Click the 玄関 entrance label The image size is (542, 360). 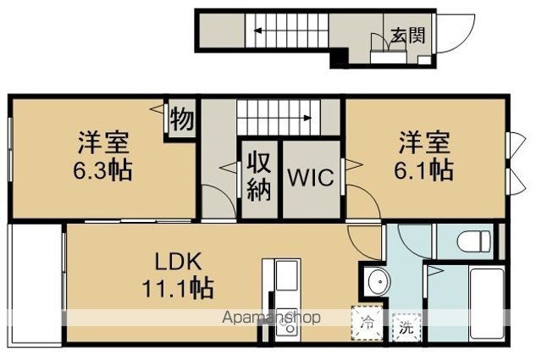pos(408,36)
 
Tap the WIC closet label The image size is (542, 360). pos(311,177)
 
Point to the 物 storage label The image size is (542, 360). pos(182,119)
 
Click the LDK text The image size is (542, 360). pos(178,262)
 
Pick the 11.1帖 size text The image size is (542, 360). pos(178,288)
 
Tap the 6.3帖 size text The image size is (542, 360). pos(102,169)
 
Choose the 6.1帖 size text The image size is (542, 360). pos(424,169)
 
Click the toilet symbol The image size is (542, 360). pos(474,241)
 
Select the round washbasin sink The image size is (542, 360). pos(379,281)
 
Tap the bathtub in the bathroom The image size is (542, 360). pos(487,303)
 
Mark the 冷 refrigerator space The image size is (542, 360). pos(367,323)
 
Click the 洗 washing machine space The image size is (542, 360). pos(406,327)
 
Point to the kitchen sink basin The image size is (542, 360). pos(286,275)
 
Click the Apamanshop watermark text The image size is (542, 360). pos(271,318)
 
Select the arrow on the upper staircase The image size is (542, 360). pos(291,30)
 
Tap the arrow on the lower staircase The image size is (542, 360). pos(274,119)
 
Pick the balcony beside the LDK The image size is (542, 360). pos(36,284)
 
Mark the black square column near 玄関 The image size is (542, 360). pos(339,58)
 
